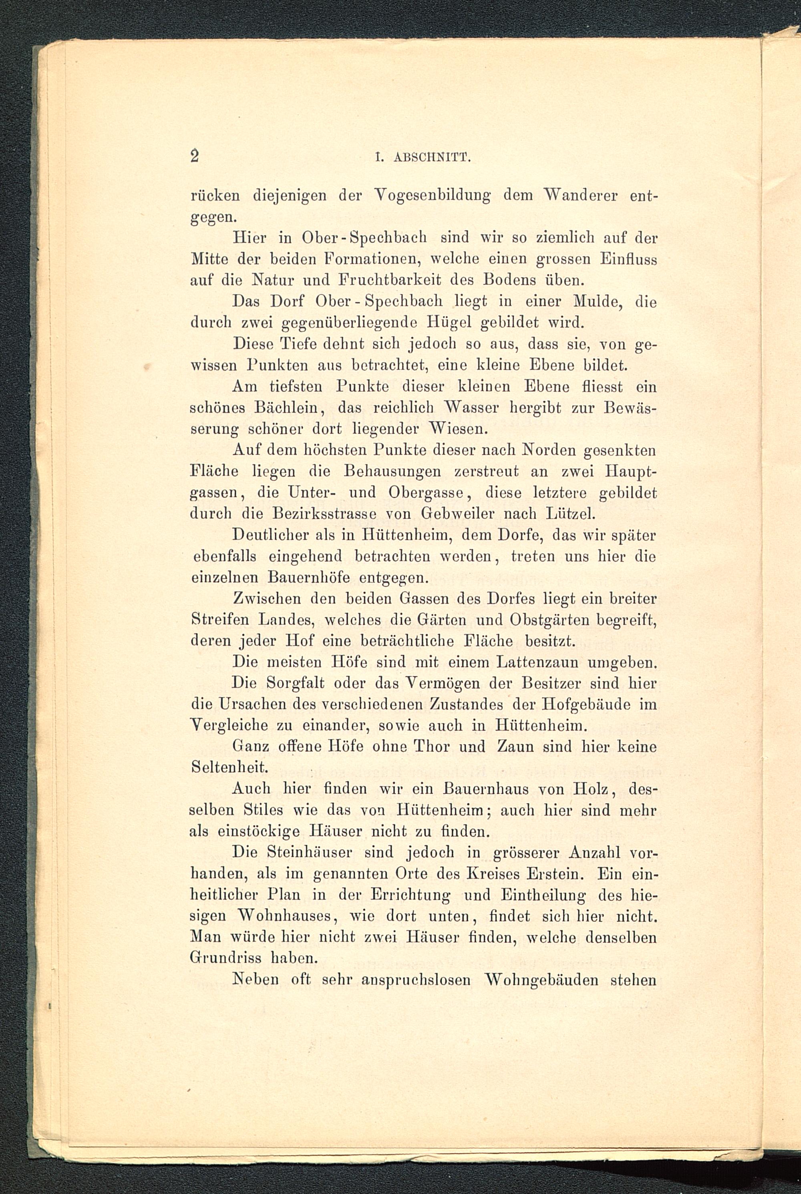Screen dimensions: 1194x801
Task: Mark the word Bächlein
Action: [x=289, y=408]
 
